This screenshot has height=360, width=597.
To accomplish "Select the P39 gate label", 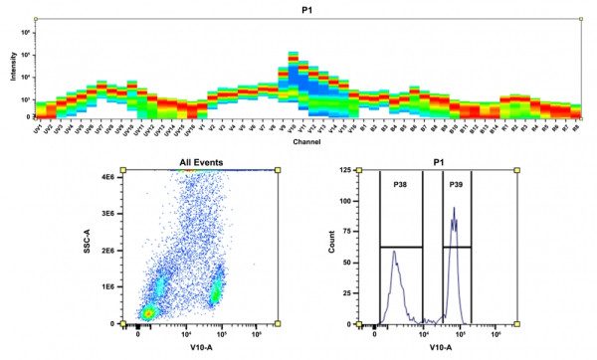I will coord(455,185).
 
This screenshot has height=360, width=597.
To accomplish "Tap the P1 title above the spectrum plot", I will coord(308,9).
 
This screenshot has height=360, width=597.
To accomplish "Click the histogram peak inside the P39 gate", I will coord(454,209).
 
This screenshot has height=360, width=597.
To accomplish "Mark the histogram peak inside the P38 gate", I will coord(394,253).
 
